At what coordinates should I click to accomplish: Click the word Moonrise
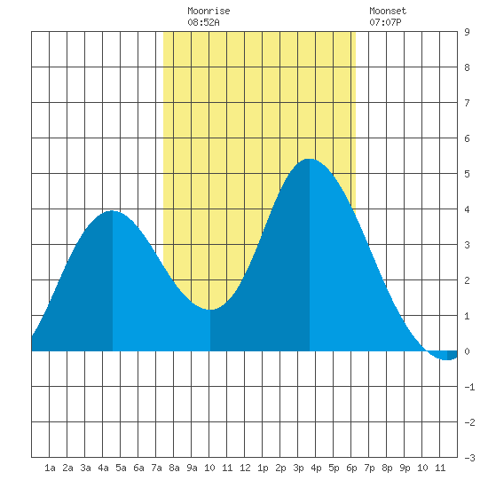click(209, 11)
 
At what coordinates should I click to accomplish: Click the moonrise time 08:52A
click(203, 22)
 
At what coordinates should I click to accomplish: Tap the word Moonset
click(388, 11)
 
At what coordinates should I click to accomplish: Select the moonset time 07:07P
click(385, 22)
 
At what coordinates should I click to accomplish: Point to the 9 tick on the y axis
click(467, 32)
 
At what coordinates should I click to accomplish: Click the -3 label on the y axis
click(469, 458)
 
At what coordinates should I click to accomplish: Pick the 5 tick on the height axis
click(467, 174)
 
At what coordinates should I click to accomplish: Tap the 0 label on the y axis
click(467, 351)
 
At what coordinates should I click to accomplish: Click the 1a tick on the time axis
click(50, 468)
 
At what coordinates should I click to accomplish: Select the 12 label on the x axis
click(245, 468)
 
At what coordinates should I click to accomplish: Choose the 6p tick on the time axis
click(351, 468)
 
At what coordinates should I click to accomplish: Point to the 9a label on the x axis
click(192, 468)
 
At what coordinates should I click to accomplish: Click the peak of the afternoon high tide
click(310, 159)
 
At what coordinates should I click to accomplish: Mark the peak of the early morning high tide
click(112, 211)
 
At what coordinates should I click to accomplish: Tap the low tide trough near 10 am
click(210, 310)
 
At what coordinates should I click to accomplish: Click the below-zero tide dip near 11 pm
click(447, 359)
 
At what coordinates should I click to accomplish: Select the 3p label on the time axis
click(298, 468)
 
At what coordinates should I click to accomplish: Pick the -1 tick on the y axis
click(469, 387)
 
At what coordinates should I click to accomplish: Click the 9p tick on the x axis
click(405, 468)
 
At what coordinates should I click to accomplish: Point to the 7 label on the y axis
click(467, 103)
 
